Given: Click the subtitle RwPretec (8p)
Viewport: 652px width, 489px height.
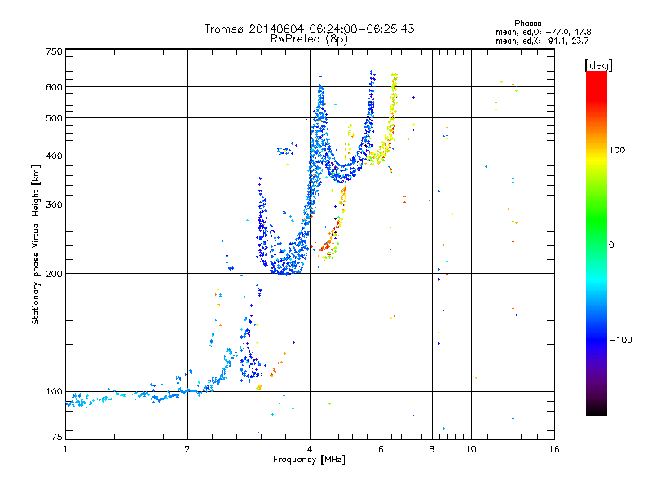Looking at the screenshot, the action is [x=309, y=39].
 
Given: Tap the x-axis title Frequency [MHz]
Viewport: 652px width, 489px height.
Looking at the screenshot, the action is [x=309, y=460].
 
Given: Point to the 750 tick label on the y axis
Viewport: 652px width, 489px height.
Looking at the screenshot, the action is [x=54, y=51].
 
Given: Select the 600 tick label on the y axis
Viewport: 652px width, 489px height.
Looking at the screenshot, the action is [x=54, y=87].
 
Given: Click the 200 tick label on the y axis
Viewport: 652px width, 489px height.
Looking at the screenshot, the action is [x=54, y=274].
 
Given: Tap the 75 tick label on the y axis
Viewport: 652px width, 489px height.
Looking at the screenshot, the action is [x=57, y=437].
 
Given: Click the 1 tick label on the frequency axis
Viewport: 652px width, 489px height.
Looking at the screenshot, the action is [x=65, y=449].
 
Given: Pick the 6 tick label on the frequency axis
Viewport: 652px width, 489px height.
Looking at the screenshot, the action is [x=381, y=449].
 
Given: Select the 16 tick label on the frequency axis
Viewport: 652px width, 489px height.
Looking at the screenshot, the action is [x=554, y=449].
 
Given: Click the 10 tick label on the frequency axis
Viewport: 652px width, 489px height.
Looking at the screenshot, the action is [x=471, y=449].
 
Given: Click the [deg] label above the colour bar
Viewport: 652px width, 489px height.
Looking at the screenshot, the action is [x=598, y=66].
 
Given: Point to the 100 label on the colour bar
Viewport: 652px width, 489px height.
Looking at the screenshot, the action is [x=617, y=150].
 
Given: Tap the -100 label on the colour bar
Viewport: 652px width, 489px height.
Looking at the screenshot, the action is [x=620, y=340].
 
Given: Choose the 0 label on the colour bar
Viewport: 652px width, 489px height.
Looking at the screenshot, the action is [x=611, y=245].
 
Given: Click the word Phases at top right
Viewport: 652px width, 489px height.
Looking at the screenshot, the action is [x=527, y=24].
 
